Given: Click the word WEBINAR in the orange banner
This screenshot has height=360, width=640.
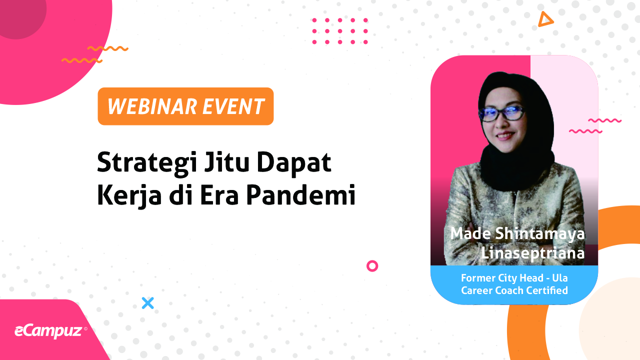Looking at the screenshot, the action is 152,106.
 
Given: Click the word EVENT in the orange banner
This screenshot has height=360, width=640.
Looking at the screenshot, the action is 233,106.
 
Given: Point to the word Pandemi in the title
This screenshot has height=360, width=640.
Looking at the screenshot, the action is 301,194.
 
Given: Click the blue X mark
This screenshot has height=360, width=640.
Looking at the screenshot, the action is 147,303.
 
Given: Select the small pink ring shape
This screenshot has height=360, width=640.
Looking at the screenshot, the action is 372,266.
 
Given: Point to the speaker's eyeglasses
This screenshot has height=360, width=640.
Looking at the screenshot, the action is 502,113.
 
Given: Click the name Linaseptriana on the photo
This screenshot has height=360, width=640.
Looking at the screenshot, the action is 532,253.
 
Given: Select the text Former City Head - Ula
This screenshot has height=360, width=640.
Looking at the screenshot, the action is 514,277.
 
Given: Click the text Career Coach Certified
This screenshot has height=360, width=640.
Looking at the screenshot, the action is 514,290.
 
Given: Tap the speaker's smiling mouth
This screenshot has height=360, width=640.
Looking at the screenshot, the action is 505,135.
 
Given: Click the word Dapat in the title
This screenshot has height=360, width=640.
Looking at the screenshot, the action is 294,163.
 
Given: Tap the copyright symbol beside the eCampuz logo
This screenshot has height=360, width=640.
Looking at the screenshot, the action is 85,329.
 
